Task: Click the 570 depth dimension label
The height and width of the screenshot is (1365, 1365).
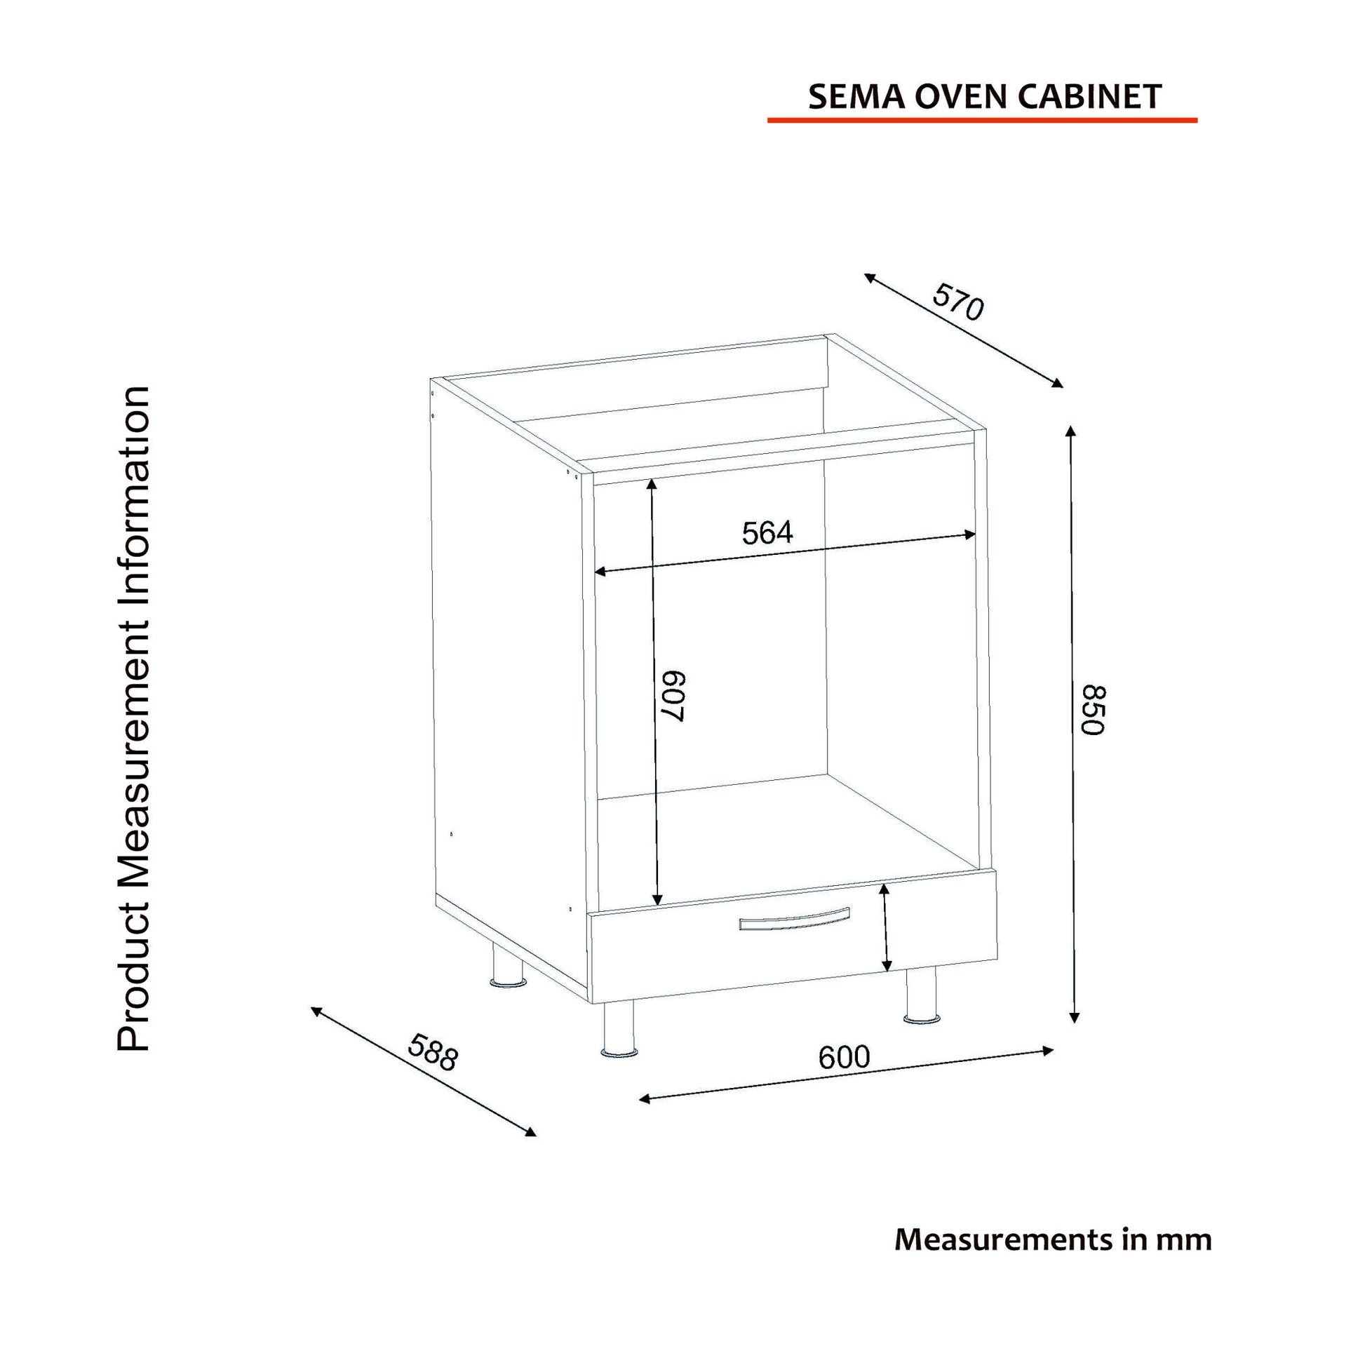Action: (x=957, y=301)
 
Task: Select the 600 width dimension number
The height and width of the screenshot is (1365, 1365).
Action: (x=845, y=1057)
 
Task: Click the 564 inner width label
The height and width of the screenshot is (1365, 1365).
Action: (x=767, y=532)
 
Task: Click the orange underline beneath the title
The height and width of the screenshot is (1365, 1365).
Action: (x=982, y=120)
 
